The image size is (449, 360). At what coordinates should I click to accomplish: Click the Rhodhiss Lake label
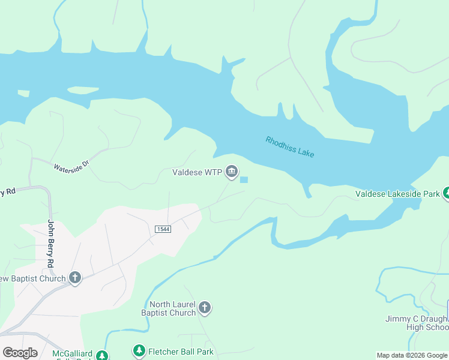290,147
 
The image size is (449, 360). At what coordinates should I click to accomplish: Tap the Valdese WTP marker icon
232,172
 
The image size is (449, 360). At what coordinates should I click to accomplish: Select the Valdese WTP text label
197,173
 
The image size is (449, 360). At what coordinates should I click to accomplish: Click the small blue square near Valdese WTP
244,179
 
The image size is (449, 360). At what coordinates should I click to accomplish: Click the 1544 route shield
161,229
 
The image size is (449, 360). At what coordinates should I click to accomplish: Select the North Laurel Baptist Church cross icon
204,308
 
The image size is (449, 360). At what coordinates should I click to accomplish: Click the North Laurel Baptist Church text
168,308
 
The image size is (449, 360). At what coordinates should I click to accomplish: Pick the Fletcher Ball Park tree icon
139,350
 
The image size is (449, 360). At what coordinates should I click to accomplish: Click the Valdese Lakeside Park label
397,194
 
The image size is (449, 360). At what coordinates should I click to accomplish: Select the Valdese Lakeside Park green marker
446,193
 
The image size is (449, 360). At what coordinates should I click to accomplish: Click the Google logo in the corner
20,353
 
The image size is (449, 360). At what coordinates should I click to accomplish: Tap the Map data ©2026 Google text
411,355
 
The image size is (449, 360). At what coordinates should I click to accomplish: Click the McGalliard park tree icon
102,355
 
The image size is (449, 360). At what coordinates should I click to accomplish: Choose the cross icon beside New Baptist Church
74,277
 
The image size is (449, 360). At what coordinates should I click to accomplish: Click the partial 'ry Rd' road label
7,192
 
